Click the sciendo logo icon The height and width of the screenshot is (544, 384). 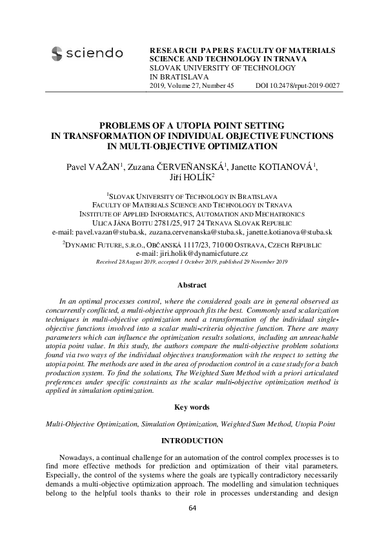pyautogui.click(x=57, y=53)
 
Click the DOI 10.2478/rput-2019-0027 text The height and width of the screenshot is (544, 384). pyautogui.click(x=297, y=86)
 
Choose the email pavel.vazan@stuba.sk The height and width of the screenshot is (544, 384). pyautogui.click(x=110, y=231)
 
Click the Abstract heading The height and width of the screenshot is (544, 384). pyautogui.click(x=192, y=285)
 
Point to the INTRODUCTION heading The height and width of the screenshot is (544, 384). pyautogui.click(x=192, y=441)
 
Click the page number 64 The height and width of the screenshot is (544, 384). pyautogui.click(x=192, y=508)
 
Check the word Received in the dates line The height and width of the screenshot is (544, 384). pyautogui.click(x=108, y=262)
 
